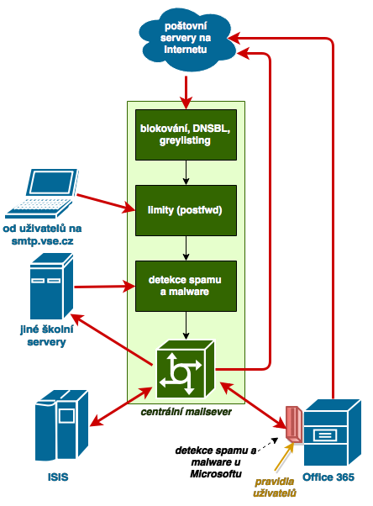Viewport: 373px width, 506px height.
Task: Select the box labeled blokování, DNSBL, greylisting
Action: click(x=186, y=134)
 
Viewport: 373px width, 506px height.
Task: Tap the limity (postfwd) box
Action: click(x=186, y=210)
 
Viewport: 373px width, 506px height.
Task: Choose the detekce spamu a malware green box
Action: click(x=186, y=286)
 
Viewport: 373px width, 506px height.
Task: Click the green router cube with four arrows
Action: click(x=185, y=369)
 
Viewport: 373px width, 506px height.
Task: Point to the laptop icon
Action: click(x=42, y=193)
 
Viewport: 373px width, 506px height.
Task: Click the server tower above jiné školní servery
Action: click(x=51, y=286)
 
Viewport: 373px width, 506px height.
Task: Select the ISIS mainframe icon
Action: click(x=61, y=425)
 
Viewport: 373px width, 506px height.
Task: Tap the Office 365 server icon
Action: click(x=333, y=432)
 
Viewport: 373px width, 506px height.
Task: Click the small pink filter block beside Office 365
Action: click(x=294, y=424)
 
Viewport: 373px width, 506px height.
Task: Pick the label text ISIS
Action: click(x=58, y=477)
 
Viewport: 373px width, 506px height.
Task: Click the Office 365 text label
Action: click(x=328, y=477)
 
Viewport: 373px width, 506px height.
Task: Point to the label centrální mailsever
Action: click(x=186, y=412)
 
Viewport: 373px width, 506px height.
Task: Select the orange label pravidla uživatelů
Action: click(x=274, y=488)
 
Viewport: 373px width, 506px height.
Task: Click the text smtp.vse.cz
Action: click(x=42, y=241)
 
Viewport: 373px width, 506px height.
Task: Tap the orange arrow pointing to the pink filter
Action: click(x=284, y=457)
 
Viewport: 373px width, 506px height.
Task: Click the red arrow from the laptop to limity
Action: click(x=106, y=203)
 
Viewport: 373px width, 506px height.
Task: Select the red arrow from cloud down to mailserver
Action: click(x=186, y=92)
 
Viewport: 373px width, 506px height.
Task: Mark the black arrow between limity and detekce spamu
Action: click(x=186, y=248)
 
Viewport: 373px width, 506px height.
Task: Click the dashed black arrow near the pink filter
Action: click(x=268, y=444)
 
